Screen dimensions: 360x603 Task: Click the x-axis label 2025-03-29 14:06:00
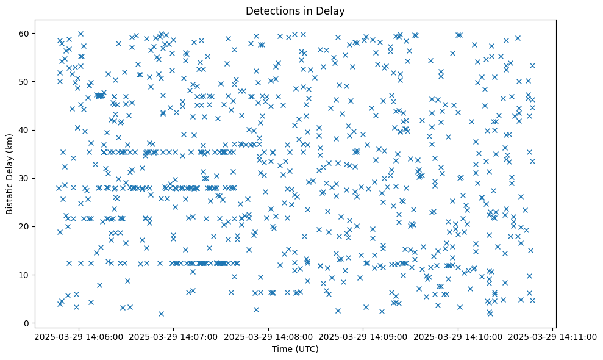point(79,336)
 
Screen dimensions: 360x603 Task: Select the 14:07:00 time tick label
point(174,336)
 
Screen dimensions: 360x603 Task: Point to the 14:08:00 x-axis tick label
point(268,336)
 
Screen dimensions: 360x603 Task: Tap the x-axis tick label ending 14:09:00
point(363,336)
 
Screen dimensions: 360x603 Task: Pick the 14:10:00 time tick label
point(458,336)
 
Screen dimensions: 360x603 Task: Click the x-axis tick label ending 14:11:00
point(553,336)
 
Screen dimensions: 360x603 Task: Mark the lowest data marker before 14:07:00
point(161,314)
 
